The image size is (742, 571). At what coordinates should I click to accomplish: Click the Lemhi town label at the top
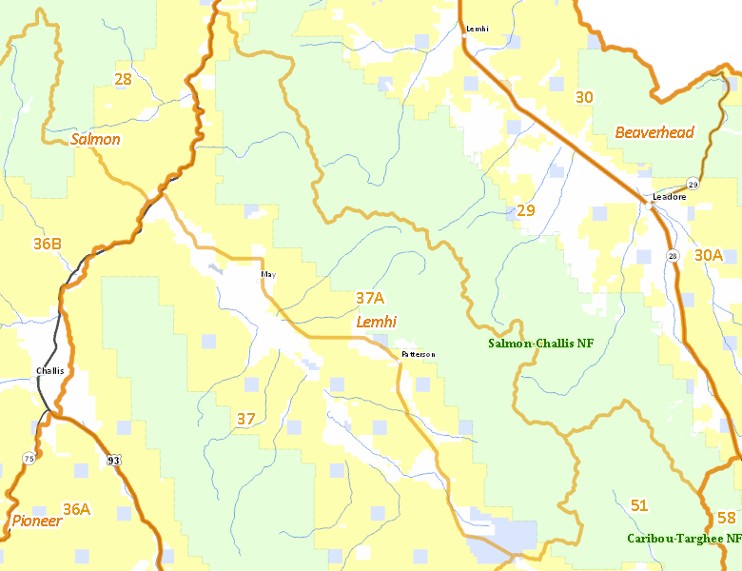pyautogui.click(x=477, y=29)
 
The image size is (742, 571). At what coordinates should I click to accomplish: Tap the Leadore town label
pyautogui.click(x=669, y=197)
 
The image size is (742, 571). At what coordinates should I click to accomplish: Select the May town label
pyautogui.click(x=268, y=274)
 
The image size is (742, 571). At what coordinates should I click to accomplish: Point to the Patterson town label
pyautogui.click(x=418, y=354)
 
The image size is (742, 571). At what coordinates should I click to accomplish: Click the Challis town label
pyautogui.click(x=49, y=370)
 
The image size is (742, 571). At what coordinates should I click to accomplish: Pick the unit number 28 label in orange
pyautogui.click(x=123, y=79)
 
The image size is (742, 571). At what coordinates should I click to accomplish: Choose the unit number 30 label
pyautogui.click(x=584, y=96)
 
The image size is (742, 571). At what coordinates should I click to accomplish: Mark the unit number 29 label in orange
pyautogui.click(x=526, y=209)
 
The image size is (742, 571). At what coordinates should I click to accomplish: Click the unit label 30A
pyautogui.click(x=709, y=254)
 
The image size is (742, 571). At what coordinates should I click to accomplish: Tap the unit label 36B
pyautogui.click(x=48, y=244)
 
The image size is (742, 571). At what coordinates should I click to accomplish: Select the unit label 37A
pyautogui.click(x=370, y=298)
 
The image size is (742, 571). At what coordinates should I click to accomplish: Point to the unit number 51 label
pyautogui.click(x=638, y=504)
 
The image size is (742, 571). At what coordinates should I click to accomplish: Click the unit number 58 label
pyautogui.click(x=727, y=518)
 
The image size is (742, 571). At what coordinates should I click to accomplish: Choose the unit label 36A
pyautogui.click(x=76, y=509)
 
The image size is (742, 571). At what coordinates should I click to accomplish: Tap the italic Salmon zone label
pyautogui.click(x=95, y=139)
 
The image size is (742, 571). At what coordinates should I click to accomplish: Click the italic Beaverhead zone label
pyautogui.click(x=654, y=132)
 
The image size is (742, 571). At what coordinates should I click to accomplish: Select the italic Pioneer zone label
pyautogui.click(x=37, y=521)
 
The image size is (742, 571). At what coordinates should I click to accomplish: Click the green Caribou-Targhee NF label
pyautogui.click(x=683, y=539)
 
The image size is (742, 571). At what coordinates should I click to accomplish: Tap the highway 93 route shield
pyautogui.click(x=114, y=461)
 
